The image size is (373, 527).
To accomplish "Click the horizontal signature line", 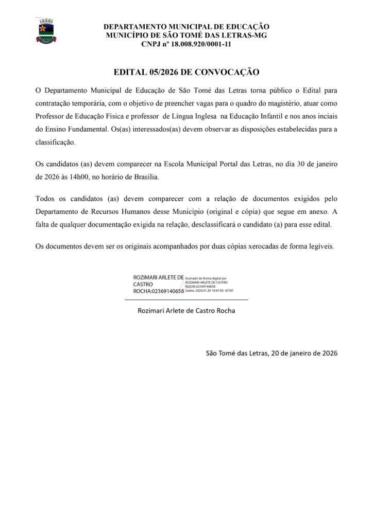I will pos(186,300).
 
